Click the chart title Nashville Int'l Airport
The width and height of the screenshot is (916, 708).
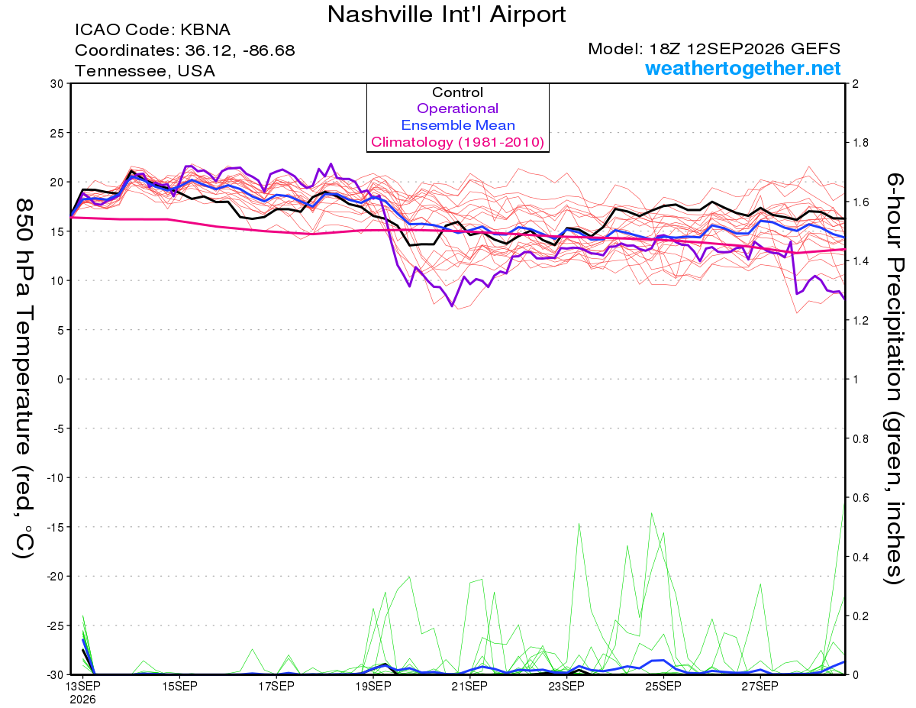coord(447,15)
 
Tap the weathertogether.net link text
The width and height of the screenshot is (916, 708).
coord(743,69)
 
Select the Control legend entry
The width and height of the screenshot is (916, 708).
coord(457,92)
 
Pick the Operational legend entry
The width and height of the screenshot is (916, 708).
coord(457,108)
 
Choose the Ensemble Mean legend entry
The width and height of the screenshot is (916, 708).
coord(458,125)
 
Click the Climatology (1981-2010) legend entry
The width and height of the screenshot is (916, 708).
coord(457,142)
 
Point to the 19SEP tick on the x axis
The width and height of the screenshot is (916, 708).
coord(373,686)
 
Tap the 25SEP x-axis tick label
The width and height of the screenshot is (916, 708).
coord(663,686)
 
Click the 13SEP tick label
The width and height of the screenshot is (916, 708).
coord(82,686)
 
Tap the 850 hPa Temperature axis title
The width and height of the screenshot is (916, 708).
coord(24,379)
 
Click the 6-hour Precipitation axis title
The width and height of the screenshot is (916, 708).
coord(894,379)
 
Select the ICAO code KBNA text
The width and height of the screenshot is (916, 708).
coord(153,30)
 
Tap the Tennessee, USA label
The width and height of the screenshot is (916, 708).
coord(145,71)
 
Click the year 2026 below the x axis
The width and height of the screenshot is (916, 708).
coord(82,700)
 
